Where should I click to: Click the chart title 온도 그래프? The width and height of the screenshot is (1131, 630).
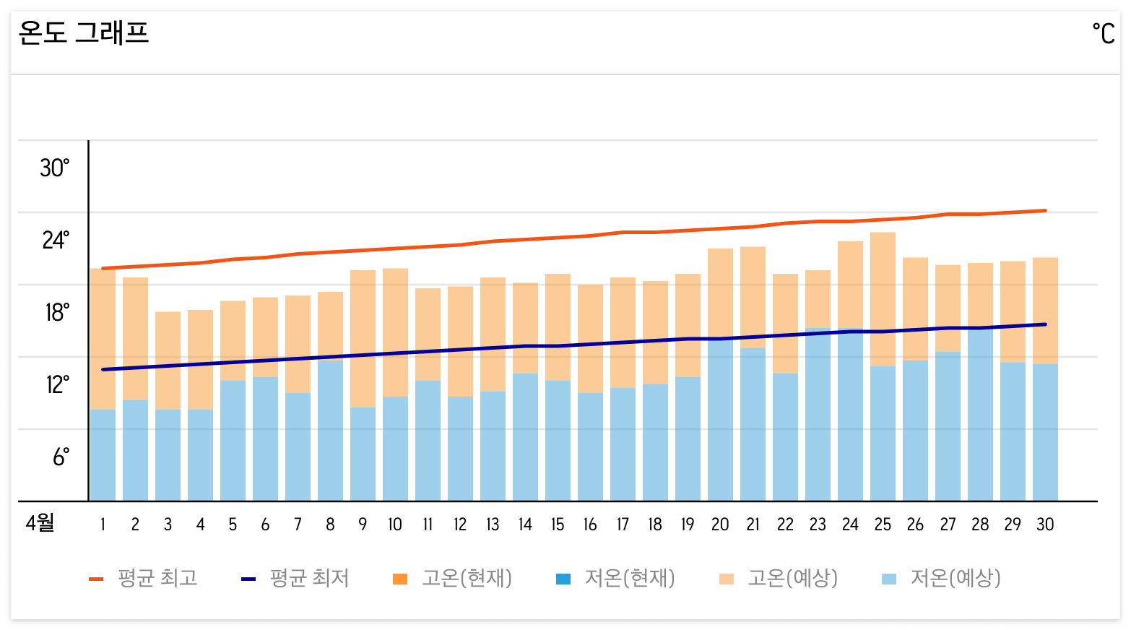(83, 33)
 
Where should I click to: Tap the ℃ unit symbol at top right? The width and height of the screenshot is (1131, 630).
(1103, 33)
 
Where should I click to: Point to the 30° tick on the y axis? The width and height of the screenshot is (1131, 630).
(55, 168)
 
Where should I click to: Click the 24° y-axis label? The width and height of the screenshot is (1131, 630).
(56, 240)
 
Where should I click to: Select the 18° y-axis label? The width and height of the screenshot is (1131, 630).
(57, 312)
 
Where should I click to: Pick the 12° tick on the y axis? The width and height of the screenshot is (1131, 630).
(58, 384)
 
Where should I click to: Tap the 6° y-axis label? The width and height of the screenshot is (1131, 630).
(61, 457)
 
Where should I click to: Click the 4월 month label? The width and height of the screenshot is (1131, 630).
(40, 523)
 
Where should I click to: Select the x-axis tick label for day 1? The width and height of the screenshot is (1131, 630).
(103, 525)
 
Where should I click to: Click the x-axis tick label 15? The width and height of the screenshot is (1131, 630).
(558, 525)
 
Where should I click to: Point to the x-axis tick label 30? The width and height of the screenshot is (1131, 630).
(1045, 525)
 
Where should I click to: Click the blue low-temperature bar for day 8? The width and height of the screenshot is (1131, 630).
(330, 431)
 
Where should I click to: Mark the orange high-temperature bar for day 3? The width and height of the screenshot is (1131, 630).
(168, 361)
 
